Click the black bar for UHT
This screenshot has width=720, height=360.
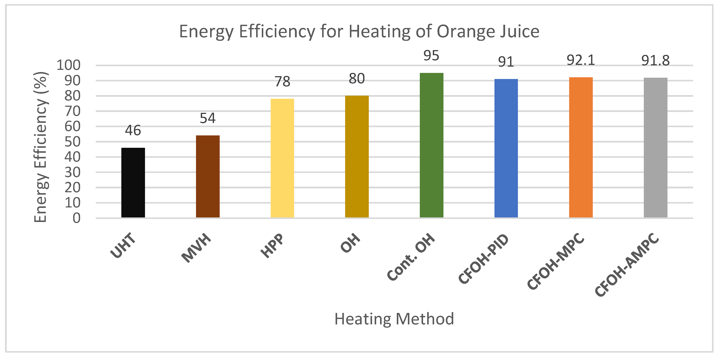click(x=133, y=182)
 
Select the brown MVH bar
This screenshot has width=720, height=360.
click(x=208, y=176)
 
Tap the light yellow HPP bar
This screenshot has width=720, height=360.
click(x=282, y=158)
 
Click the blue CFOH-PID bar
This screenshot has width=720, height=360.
click(x=506, y=148)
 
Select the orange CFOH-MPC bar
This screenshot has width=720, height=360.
click(x=581, y=147)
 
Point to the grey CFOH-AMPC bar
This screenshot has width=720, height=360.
click(x=656, y=148)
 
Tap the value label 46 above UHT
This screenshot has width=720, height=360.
click(x=133, y=130)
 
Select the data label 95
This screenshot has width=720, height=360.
click(x=431, y=55)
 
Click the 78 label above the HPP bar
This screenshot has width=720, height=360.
click(x=282, y=82)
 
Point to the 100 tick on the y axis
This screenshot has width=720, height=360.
click(x=68, y=65)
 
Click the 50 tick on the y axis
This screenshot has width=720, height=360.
click(x=72, y=142)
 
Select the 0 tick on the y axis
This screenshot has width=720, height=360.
click(x=76, y=218)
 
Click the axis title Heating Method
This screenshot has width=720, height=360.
click(x=394, y=319)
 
